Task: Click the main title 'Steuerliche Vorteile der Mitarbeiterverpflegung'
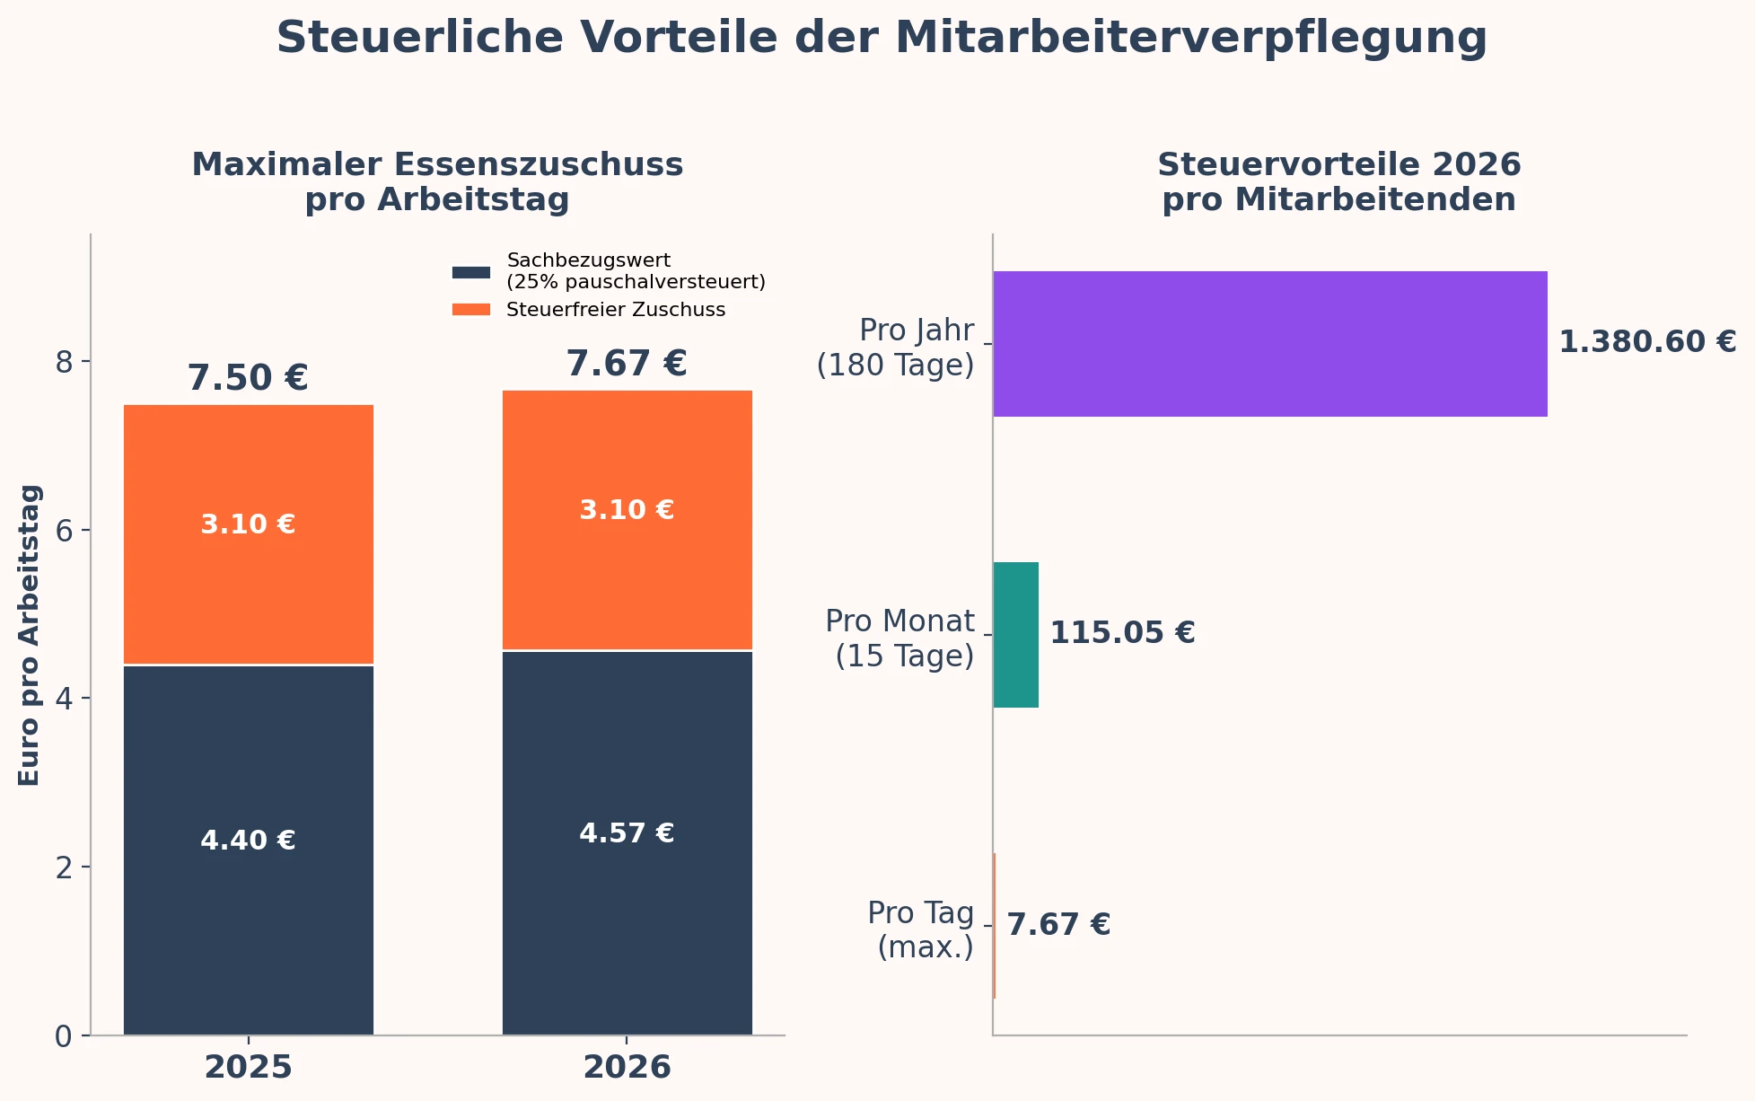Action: pos(881,39)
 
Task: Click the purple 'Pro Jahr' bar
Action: pos(1269,343)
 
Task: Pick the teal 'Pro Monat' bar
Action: pos(1015,634)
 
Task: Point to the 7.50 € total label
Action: pos(248,378)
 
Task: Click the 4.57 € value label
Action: pos(627,833)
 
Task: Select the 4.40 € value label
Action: pos(248,841)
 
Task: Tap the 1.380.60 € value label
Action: pos(1647,342)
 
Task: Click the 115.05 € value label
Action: pos(1122,633)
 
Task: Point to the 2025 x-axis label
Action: pos(248,1068)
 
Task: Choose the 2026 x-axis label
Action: pos(627,1068)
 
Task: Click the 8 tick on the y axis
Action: pos(63,362)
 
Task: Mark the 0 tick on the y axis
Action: pos(63,1036)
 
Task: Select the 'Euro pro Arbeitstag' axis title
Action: pos(30,635)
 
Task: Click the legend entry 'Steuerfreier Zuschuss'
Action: pos(615,310)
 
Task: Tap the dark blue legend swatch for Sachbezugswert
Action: pos(471,271)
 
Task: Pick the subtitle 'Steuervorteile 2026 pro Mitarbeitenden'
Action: pos(1338,182)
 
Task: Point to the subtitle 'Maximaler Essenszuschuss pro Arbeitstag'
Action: pos(437,182)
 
